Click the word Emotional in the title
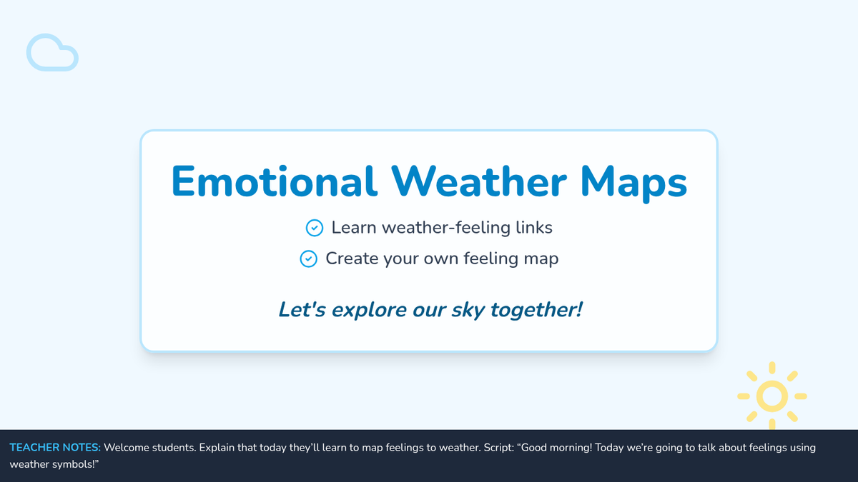point(275,181)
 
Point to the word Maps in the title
point(634,183)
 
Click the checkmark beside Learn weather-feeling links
point(315,228)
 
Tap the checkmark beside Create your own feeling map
point(308,259)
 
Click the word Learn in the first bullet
point(354,228)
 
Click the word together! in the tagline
point(537,310)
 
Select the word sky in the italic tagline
point(468,310)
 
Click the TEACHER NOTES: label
point(55,448)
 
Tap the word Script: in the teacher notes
point(499,448)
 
